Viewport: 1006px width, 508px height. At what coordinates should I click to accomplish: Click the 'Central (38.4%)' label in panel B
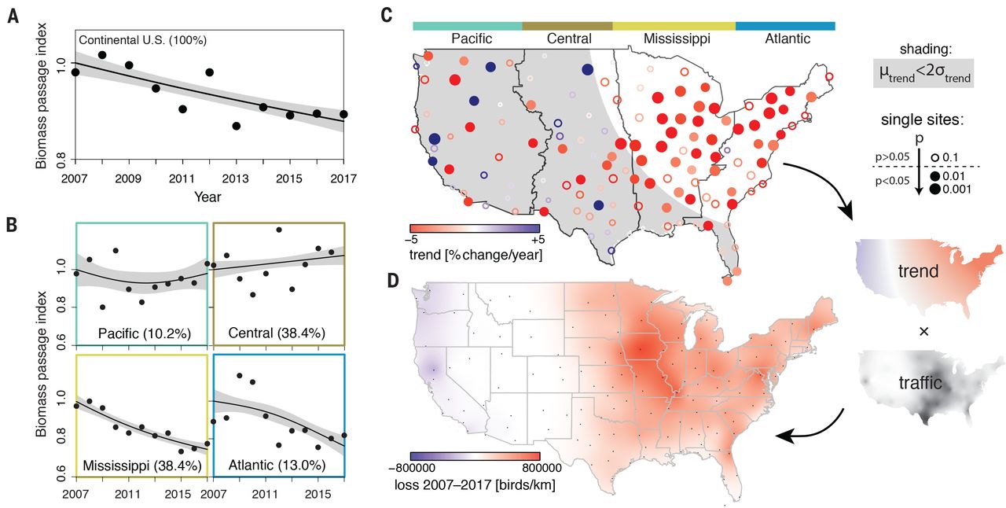point(279,333)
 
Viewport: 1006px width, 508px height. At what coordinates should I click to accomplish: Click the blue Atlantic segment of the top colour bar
point(784,25)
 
